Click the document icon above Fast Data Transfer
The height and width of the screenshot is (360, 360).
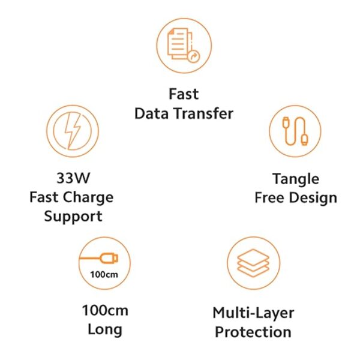[x=184, y=45]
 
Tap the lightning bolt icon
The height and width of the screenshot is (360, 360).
[x=73, y=131]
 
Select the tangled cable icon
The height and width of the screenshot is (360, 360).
[x=295, y=131]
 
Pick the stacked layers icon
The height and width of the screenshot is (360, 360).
[x=253, y=263]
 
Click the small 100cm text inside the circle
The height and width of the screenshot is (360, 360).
[x=104, y=274]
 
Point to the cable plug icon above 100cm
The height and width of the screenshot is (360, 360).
[x=99, y=258]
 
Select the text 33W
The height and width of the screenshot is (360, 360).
[x=73, y=178]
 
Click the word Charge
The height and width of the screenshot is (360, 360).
[x=88, y=198]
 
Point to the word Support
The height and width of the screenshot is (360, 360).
[x=73, y=217]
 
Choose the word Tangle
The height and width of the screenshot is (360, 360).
[x=296, y=179]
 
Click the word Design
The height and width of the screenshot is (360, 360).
[x=313, y=198]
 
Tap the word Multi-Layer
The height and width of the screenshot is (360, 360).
[x=253, y=313]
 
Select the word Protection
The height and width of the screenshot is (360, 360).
[x=253, y=332]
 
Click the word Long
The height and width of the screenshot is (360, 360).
[x=105, y=330]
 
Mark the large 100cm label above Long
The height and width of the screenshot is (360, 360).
[x=105, y=310]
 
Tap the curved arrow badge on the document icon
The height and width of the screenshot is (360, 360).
[x=194, y=56]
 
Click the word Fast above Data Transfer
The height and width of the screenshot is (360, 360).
[x=184, y=94]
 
